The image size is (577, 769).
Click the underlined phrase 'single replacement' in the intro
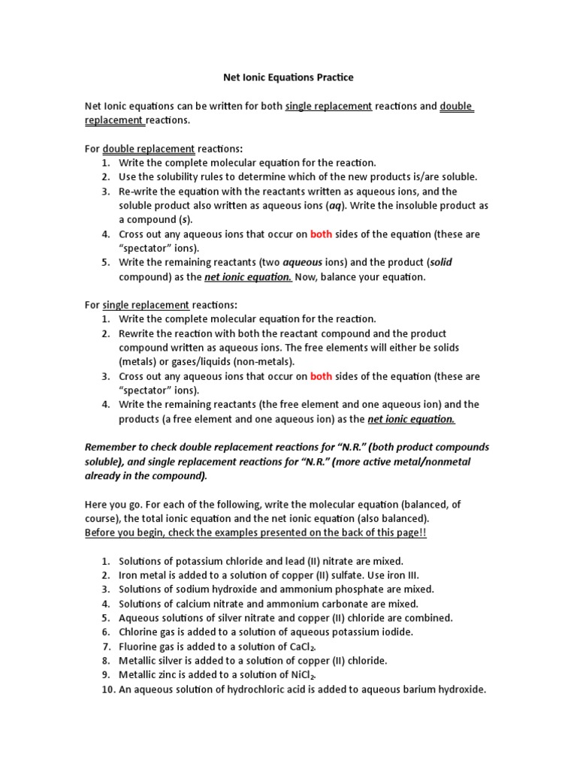click(328, 106)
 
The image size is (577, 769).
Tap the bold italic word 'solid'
click(440, 262)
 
